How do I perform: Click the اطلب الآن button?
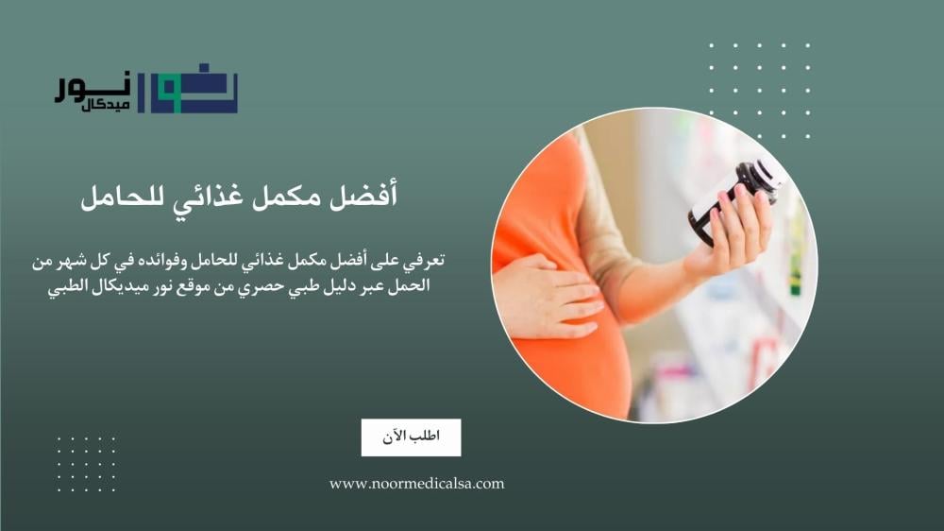411,437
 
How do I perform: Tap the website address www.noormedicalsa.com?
416,484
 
